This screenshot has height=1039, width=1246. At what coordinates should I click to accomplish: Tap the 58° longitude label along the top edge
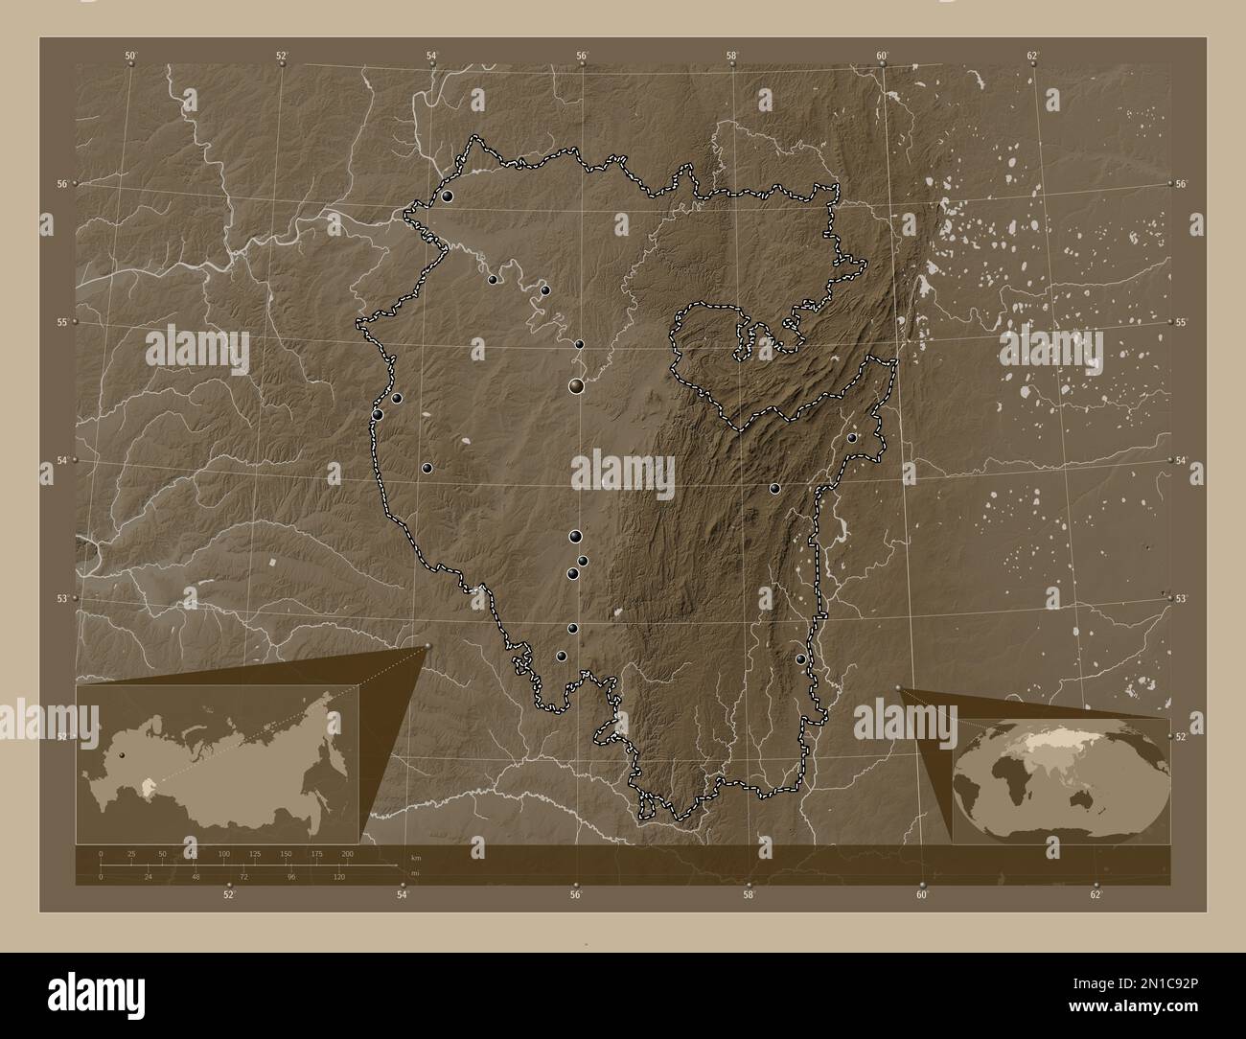[x=731, y=55]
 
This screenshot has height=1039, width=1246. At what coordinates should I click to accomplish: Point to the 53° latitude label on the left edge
[x=61, y=598]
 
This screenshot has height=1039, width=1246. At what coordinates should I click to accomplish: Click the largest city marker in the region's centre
[x=576, y=386]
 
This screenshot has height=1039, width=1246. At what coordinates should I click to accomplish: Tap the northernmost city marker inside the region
[x=447, y=196]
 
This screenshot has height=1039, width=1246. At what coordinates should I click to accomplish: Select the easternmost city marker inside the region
[x=851, y=438]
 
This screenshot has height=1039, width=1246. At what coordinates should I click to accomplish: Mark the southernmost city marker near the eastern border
[x=800, y=659]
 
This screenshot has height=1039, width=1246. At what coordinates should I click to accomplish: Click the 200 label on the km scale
[x=347, y=853]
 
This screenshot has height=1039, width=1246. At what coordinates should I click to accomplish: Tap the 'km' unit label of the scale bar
[x=414, y=858]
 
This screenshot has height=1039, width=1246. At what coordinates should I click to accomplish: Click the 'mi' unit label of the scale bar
[x=414, y=873]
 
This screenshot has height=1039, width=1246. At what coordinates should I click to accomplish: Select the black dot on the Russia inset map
[x=122, y=754]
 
